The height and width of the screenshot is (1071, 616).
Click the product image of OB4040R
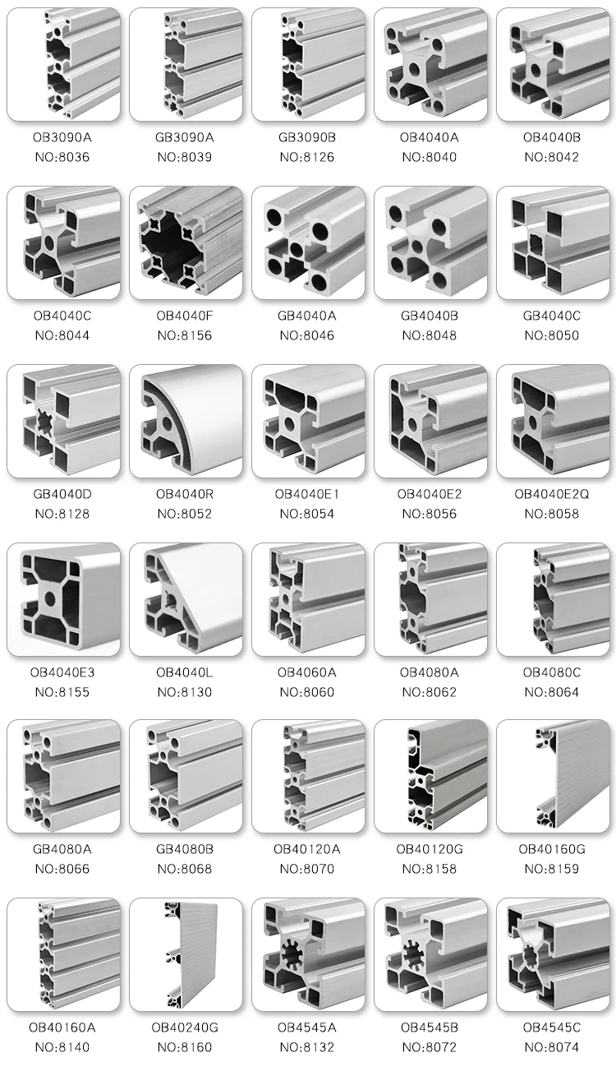coord(186,421)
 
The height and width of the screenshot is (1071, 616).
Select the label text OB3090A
coord(62,137)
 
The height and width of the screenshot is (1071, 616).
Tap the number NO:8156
coord(185,335)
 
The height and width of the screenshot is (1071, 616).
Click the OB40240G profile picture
coord(186,953)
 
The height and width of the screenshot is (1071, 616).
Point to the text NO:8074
coord(552,1047)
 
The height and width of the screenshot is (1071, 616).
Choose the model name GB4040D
coord(62,493)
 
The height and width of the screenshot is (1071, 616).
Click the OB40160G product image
coord(552,777)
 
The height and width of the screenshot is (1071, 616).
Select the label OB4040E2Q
coord(552,493)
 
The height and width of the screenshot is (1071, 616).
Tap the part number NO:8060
coord(307,692)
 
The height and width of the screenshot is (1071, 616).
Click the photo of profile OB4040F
coord(186,242)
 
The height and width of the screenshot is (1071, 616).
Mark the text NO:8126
coord(307,157)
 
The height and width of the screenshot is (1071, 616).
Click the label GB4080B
coord(185,849)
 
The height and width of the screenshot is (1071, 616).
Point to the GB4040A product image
coord(308,242)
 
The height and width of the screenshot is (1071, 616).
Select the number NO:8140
coord(62,1047)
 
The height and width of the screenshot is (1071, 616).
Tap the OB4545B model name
coord(430,1027)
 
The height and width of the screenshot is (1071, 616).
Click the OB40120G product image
coord(430,777)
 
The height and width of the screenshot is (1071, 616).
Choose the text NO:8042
coord(552,157)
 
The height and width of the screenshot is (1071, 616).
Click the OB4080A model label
coord(430,672)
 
